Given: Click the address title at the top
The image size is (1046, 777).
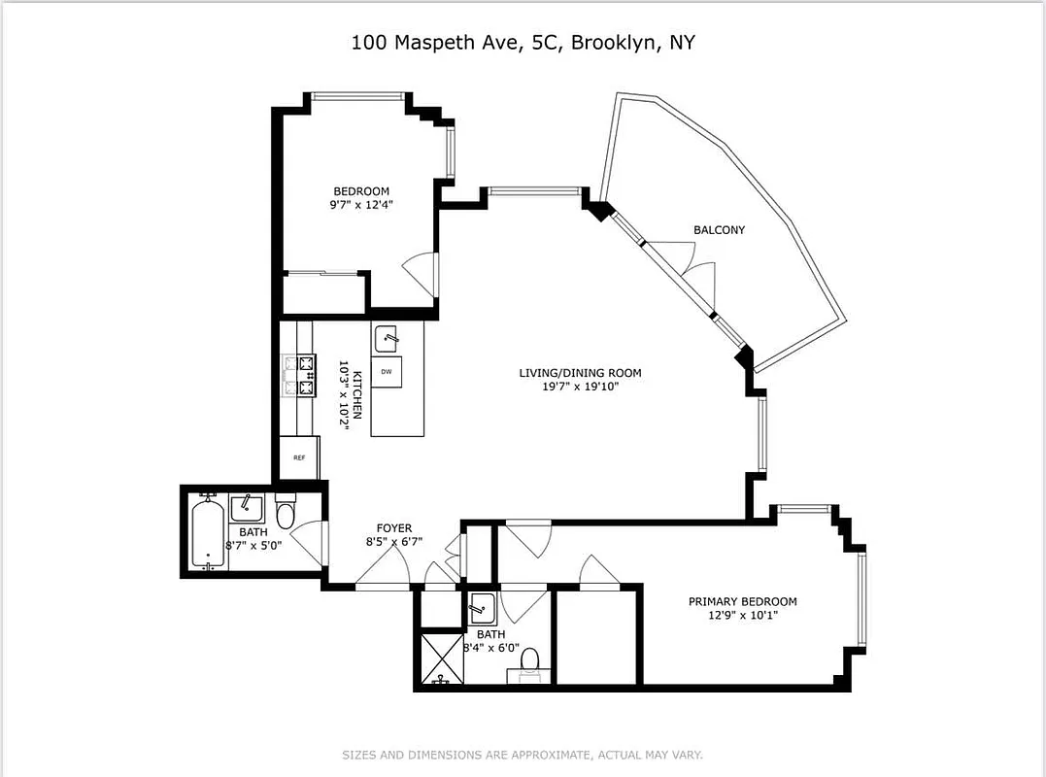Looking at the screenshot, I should click(523, 43).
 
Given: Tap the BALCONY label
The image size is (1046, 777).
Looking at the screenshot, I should click(719, 230).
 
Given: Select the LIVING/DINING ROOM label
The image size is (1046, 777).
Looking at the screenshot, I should click(580, 373).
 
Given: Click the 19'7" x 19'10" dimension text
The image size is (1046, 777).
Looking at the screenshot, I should click(580, 387).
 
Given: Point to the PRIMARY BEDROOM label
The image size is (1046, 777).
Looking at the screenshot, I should click(742, 601).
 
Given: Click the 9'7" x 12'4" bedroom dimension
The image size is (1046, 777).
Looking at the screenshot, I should click(361, 205).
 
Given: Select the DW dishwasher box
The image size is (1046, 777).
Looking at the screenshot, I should click(386, 372).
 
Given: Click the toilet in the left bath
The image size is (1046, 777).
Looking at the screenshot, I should click(285, 512).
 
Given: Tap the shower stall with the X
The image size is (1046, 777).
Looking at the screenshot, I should click(441, 658).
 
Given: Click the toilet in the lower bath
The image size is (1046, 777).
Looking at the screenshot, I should click(529, 661).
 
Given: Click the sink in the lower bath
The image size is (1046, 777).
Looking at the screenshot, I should click(479, 611).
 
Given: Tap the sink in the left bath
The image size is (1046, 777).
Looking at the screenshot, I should click(247, 508).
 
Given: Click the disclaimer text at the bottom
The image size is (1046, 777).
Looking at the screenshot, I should click(523, 755).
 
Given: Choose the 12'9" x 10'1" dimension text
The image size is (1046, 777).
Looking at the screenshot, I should click(742, 615).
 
